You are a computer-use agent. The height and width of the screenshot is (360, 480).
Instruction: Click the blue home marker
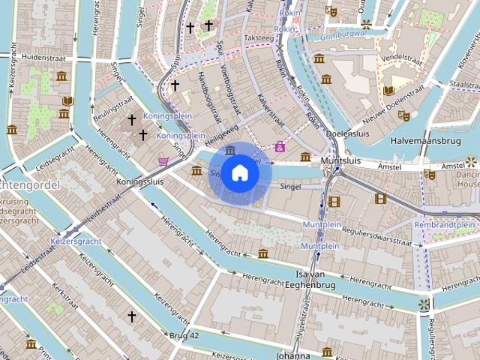click(x=239, y=172)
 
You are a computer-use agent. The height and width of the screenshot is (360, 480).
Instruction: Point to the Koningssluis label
click(x=140, y=181)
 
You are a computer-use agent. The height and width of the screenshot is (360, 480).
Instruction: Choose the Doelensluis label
click(x=349, y=133)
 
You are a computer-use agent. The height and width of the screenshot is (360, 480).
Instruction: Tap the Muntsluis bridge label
click(x=341, y=160)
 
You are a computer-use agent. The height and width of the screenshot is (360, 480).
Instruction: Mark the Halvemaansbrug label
click(x=424, y=140)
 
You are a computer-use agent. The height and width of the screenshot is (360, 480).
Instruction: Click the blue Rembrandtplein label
click(x=445, y=224)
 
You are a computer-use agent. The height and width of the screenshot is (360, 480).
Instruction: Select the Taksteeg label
click(x=259, y=37)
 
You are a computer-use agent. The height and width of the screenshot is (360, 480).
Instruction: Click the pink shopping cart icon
click(x=163, y=160)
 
